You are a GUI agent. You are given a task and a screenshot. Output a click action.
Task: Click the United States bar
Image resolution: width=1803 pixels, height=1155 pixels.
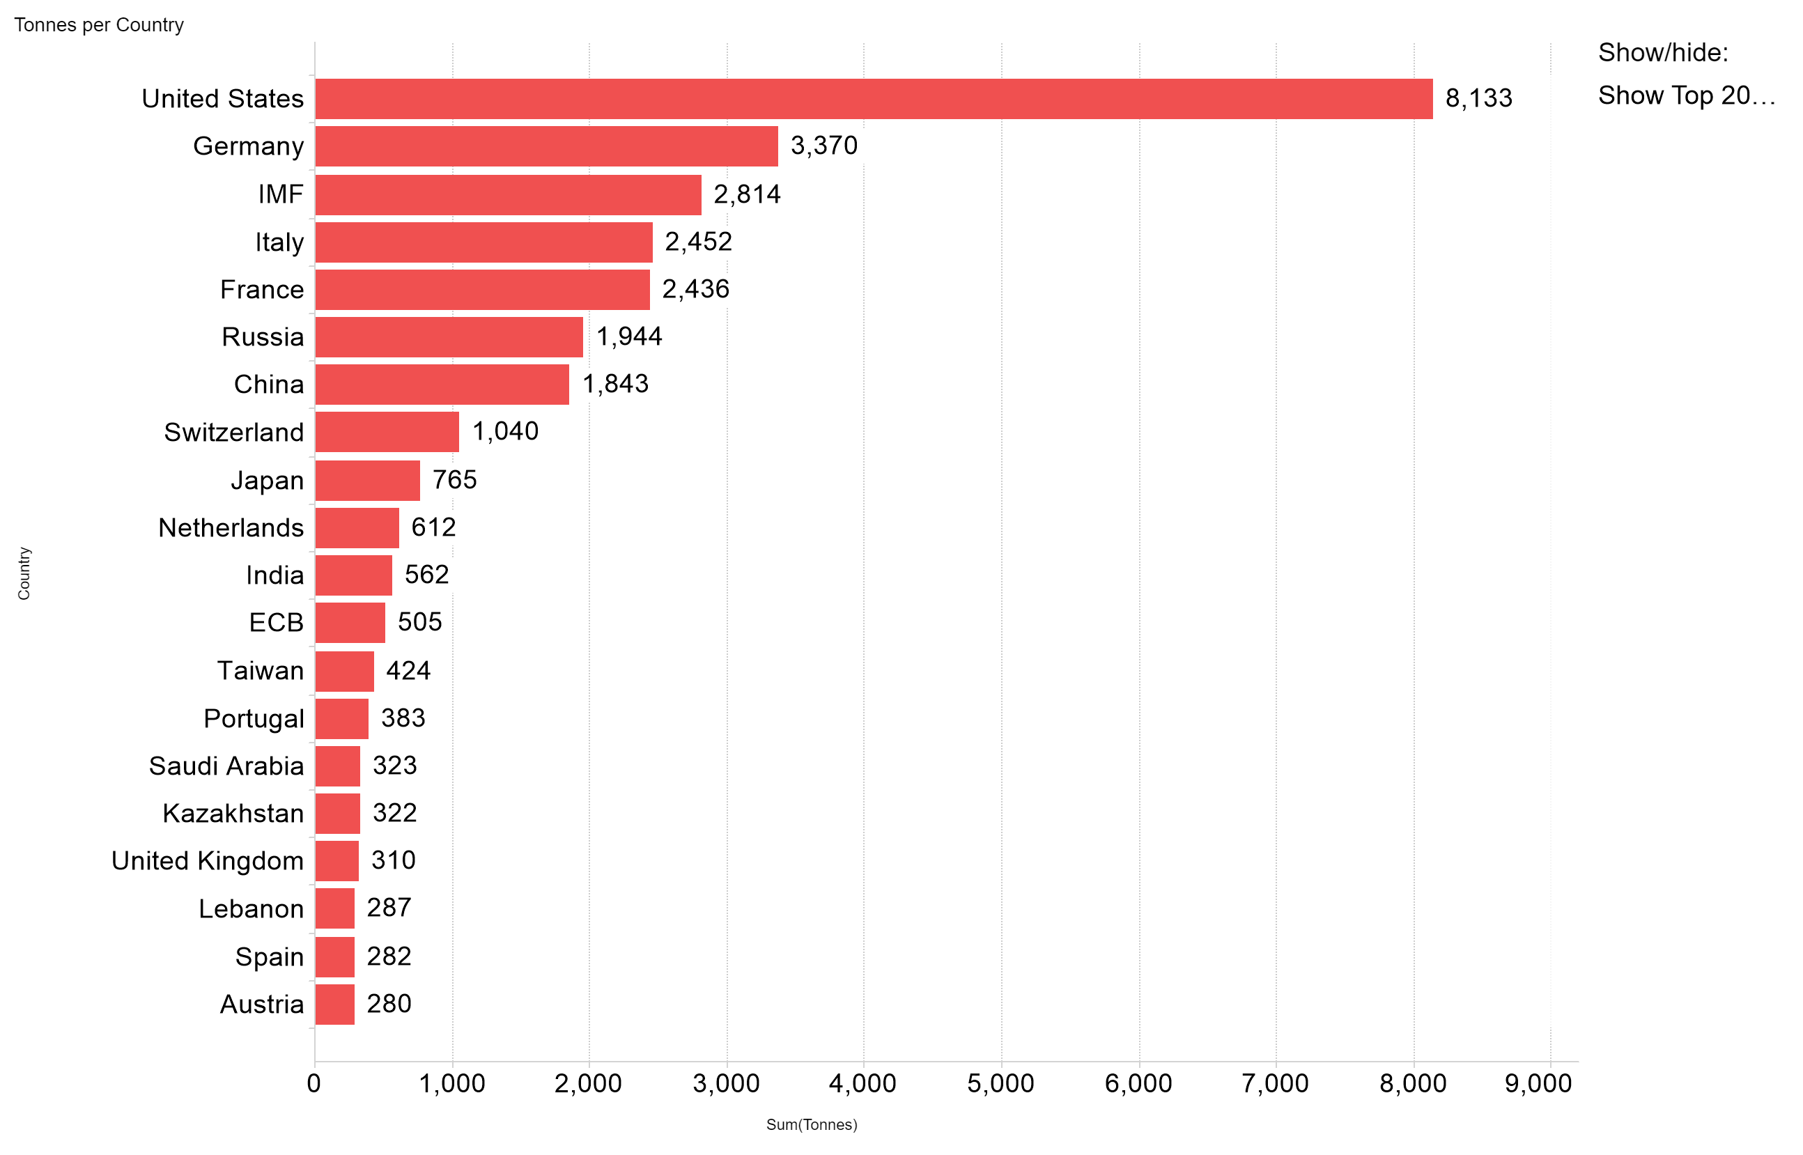tap(874, 99)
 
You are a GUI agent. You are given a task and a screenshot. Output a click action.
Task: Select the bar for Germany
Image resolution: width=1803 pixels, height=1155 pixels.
tap(547, 146)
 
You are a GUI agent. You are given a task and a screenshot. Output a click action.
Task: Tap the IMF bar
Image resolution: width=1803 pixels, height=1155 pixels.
tap(509, 195)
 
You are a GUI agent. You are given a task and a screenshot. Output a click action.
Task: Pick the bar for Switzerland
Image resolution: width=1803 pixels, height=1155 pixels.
tap(387, 432)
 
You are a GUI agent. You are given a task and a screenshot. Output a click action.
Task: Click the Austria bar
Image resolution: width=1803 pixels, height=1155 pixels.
tap(334, 1005)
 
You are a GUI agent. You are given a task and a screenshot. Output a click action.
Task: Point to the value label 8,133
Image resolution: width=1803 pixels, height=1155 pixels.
tap(1478, 98)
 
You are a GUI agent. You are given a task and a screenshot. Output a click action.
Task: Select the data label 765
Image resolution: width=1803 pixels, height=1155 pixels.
tap(454, 480)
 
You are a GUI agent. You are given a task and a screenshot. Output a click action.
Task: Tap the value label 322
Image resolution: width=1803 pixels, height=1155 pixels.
tap(394, 813)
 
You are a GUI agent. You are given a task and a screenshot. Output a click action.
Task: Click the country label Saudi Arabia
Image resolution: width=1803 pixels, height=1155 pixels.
tap(226, 766)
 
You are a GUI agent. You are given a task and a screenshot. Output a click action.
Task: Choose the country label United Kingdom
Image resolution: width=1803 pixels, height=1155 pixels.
tap(208, 861)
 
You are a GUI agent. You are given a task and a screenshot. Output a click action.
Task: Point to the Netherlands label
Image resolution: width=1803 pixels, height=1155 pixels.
tap(231, 528)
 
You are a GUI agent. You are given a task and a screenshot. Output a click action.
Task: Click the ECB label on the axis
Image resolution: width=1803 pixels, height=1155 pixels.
tap(276, 623)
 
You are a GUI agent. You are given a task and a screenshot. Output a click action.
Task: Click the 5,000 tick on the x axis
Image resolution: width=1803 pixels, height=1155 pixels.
tap(1000, 1084)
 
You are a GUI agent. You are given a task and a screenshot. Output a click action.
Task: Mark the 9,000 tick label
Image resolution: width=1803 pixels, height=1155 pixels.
tap(1538, 1084)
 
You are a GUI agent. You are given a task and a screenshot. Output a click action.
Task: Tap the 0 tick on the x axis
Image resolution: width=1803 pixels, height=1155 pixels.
tap(314, 1084)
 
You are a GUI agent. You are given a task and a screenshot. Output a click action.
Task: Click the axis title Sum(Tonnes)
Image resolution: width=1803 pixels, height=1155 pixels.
tap(812, 1125)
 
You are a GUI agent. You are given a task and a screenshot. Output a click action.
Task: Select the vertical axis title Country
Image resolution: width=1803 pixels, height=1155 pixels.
tap(24, 574)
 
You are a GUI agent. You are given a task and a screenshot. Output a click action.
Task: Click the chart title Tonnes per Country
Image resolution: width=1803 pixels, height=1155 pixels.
tap(99, 26)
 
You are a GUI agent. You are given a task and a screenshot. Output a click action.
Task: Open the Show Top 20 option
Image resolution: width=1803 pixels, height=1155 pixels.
tap(1686, 96)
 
